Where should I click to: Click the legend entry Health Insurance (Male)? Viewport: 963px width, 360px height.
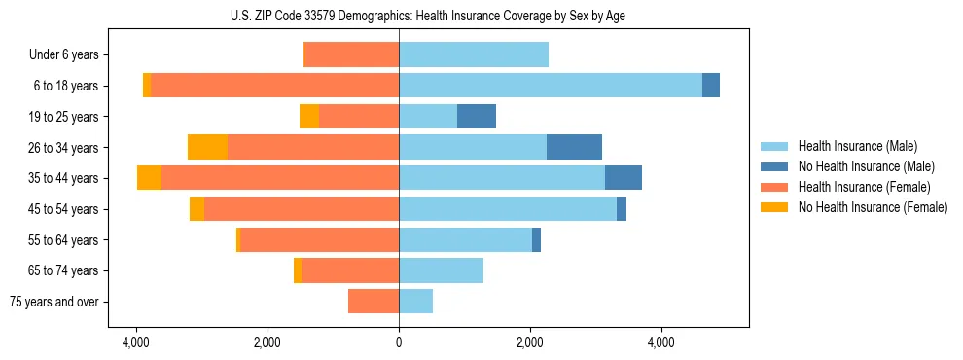click(857, 146)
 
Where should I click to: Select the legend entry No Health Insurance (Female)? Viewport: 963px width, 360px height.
click(873, 207)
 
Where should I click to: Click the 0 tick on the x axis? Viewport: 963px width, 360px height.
click(399, 342)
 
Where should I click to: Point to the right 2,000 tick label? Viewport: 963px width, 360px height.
click(530, 342)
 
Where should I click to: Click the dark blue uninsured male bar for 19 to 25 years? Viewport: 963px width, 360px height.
click(477, 117)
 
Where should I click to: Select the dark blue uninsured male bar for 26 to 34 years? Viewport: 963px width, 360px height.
click(574, 147)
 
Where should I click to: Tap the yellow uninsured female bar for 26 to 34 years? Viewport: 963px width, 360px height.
click(207, 147)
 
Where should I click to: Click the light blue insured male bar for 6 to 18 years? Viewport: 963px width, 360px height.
click(550, 86)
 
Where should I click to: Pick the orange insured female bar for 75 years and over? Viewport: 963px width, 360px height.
click(374, 302)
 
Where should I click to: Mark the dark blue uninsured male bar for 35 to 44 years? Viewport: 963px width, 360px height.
click(624, 178)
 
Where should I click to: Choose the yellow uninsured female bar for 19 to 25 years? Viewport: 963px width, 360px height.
click(309, 117)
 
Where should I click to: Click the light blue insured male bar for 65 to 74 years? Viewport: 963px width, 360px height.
click(441, 270)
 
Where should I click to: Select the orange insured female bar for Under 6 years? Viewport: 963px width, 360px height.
click(352, 54)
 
